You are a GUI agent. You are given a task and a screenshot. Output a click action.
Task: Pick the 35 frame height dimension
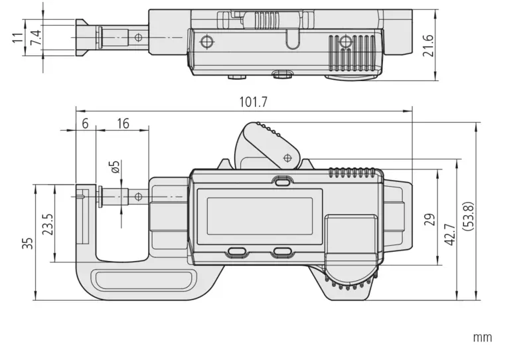[x=27, y=243]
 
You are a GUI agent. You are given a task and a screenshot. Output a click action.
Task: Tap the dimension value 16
[x=123, y=123]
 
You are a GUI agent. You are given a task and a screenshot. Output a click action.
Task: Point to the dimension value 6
[x=85, y=123]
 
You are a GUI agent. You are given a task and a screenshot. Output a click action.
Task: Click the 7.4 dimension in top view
[x=39, y=38]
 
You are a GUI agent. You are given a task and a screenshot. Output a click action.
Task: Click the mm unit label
[x=483, y=337]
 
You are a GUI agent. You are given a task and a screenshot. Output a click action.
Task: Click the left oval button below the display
[x=238, y=252]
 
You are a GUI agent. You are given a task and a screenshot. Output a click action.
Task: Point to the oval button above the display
[x=282, y=180]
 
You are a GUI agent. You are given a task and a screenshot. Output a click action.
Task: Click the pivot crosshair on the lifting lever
[x=287, y=158]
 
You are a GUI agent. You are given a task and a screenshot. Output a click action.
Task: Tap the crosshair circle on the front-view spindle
[x=138, y=197]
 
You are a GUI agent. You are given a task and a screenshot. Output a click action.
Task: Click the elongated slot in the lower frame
[x=143, y=279]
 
